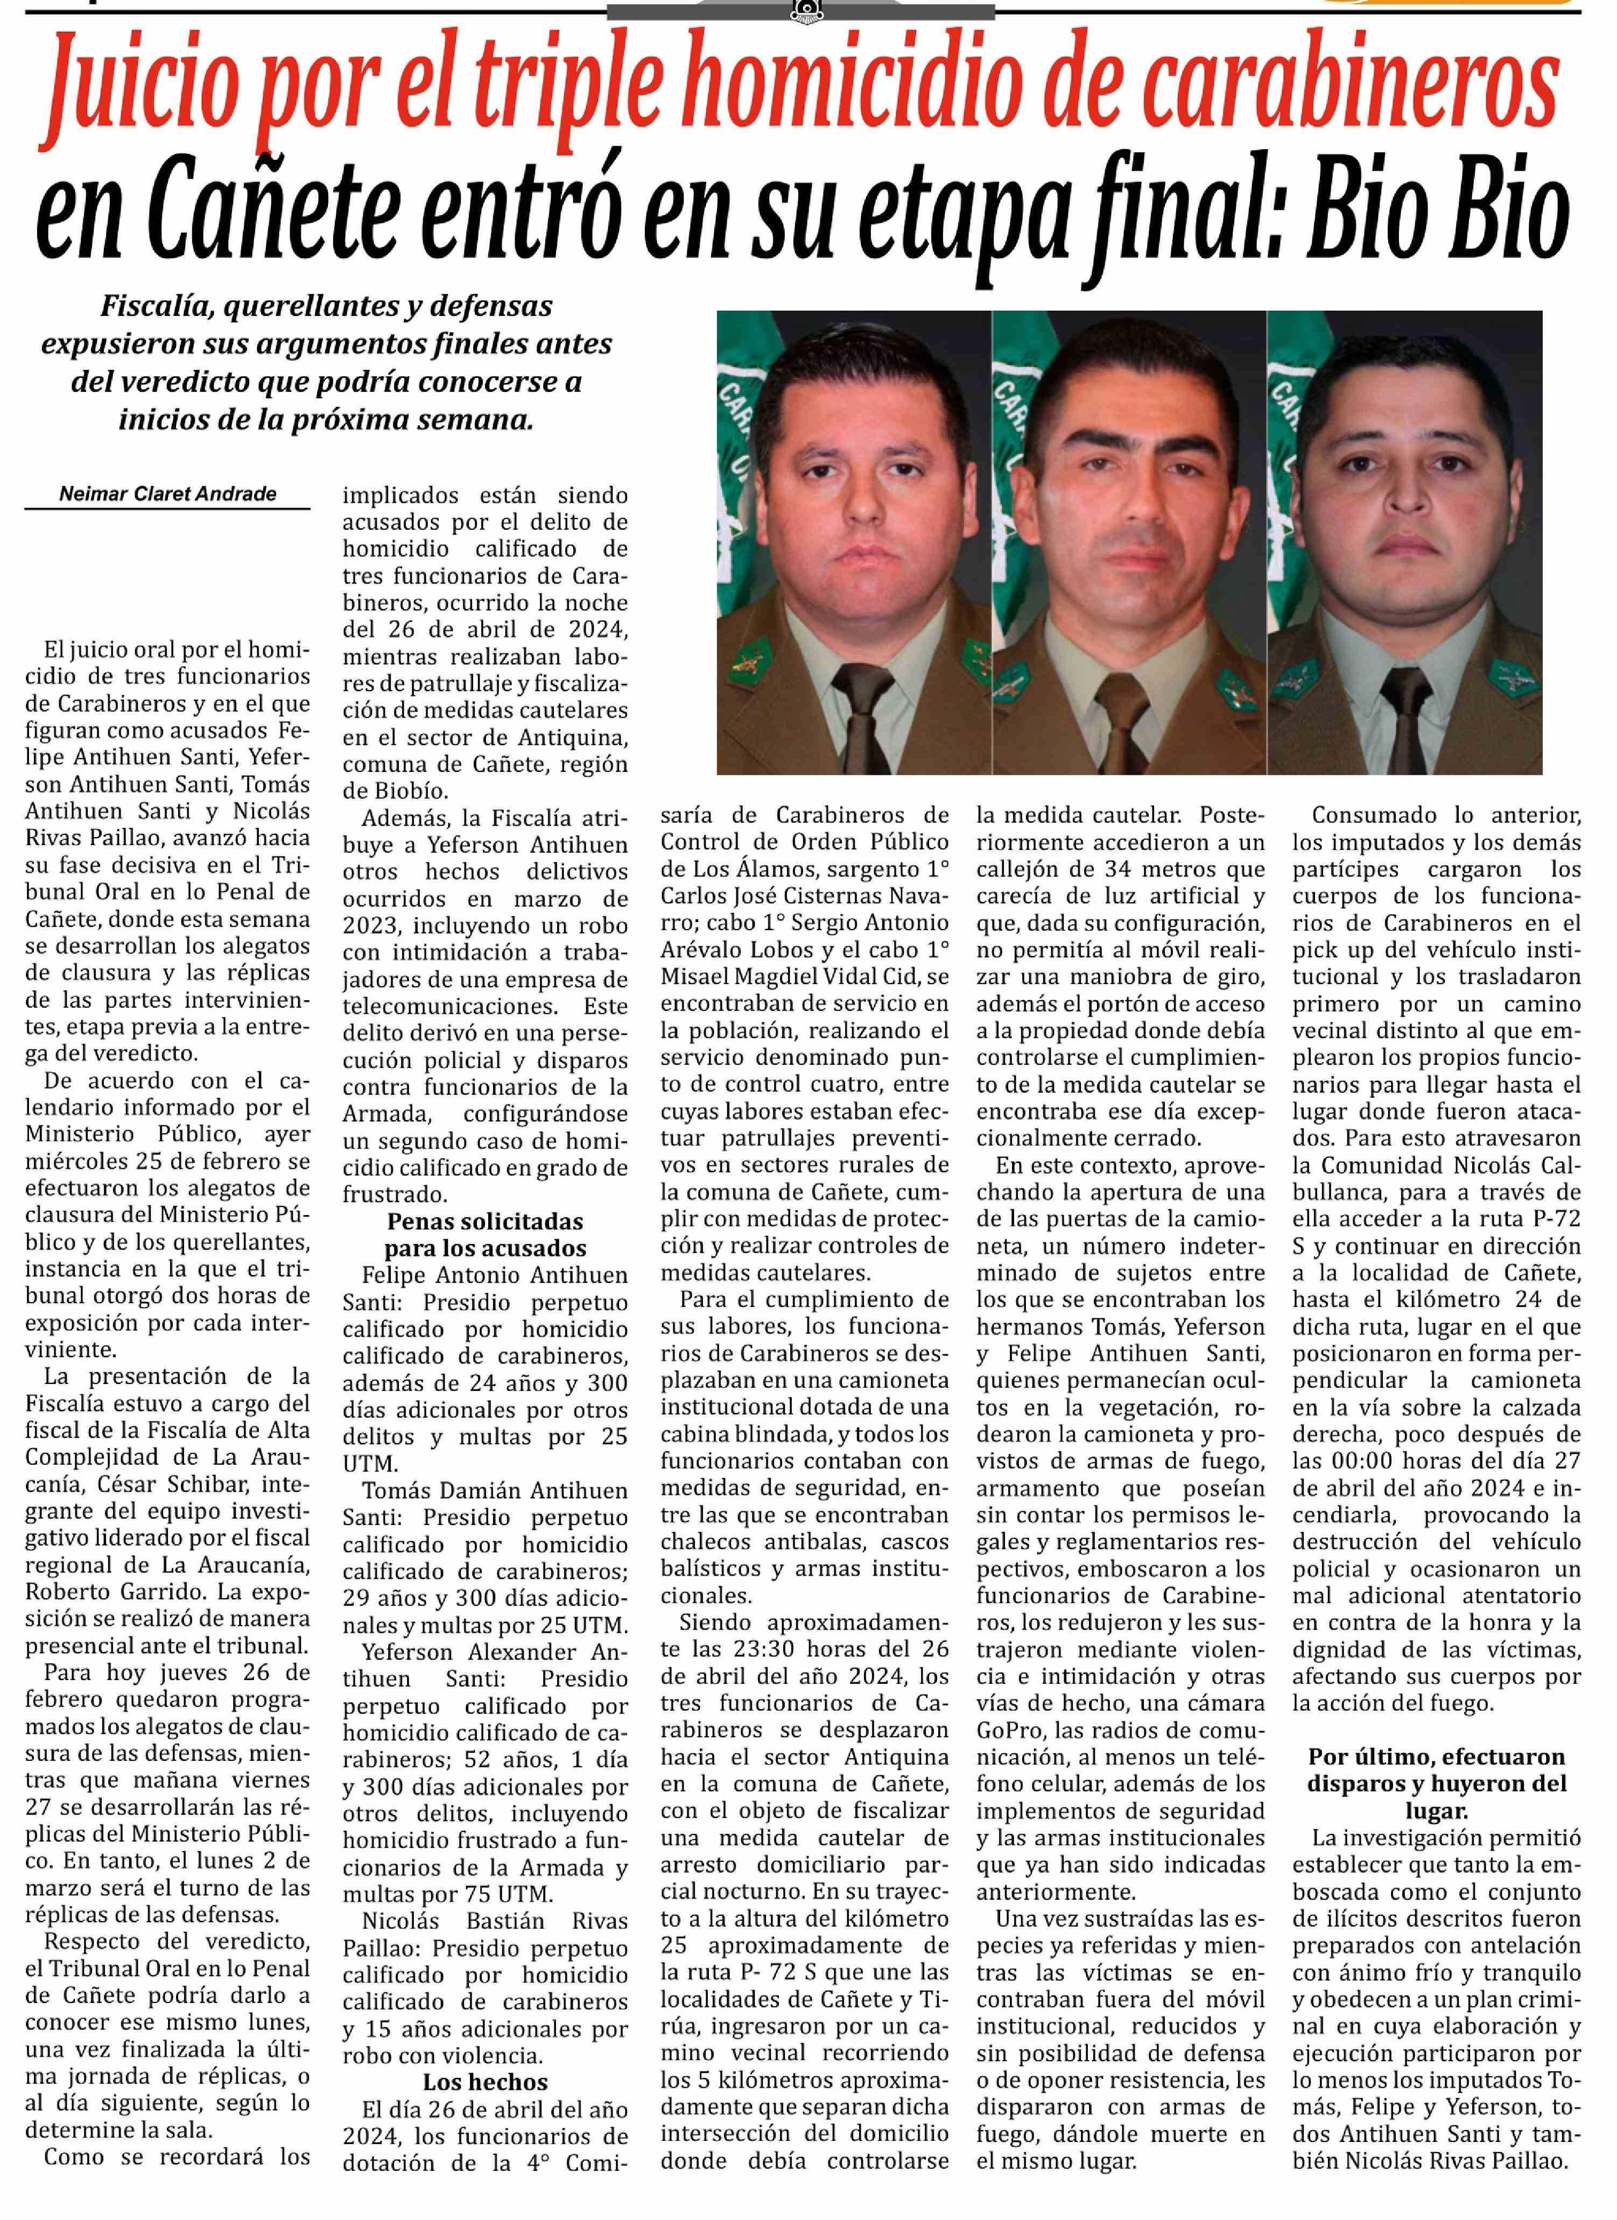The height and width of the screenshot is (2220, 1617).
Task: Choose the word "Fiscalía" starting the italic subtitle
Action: (159, 306)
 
